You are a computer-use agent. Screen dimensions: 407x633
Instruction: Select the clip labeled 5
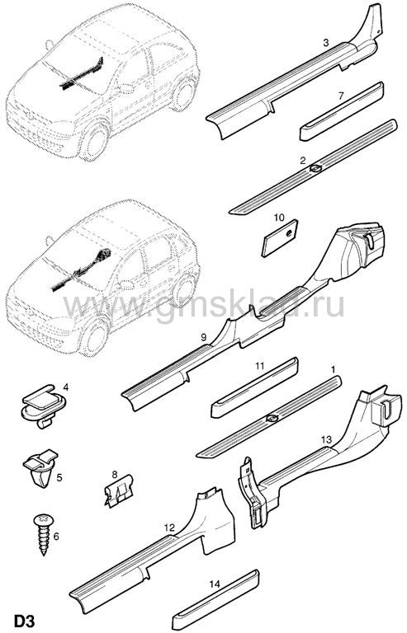pos(40,467)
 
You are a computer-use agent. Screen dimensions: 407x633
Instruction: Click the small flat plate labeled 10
pos(280,238)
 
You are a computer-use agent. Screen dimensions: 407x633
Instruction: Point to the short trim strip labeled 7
pos(342,111)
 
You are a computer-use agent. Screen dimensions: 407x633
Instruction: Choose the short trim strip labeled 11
pos(254,387)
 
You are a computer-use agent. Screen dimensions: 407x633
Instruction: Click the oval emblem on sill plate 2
pos(315,169)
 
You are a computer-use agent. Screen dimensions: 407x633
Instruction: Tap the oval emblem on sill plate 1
pos(272,419)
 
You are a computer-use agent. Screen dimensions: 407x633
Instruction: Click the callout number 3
pos(326,42)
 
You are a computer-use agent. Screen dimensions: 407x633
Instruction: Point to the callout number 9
pos(204,337)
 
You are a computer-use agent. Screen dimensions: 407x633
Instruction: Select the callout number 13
pos(326,438)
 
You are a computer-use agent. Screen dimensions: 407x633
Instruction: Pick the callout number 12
pos(170,527)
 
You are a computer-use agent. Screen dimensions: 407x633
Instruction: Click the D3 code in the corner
pos(25,620)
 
